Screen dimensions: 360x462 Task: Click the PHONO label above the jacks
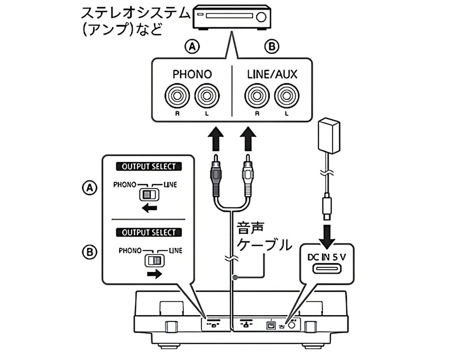(x=191, y=74)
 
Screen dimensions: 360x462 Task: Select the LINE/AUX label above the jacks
(x=272, y=74)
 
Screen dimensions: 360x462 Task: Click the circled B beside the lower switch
(x=88, y=252)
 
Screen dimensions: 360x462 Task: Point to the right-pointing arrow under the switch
(x=153, y=274)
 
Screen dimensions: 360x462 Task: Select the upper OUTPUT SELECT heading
(x=149, y=167)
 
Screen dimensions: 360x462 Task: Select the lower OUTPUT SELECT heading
(x=149, y=232)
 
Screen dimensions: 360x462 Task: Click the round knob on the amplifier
(x=261, y=16)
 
